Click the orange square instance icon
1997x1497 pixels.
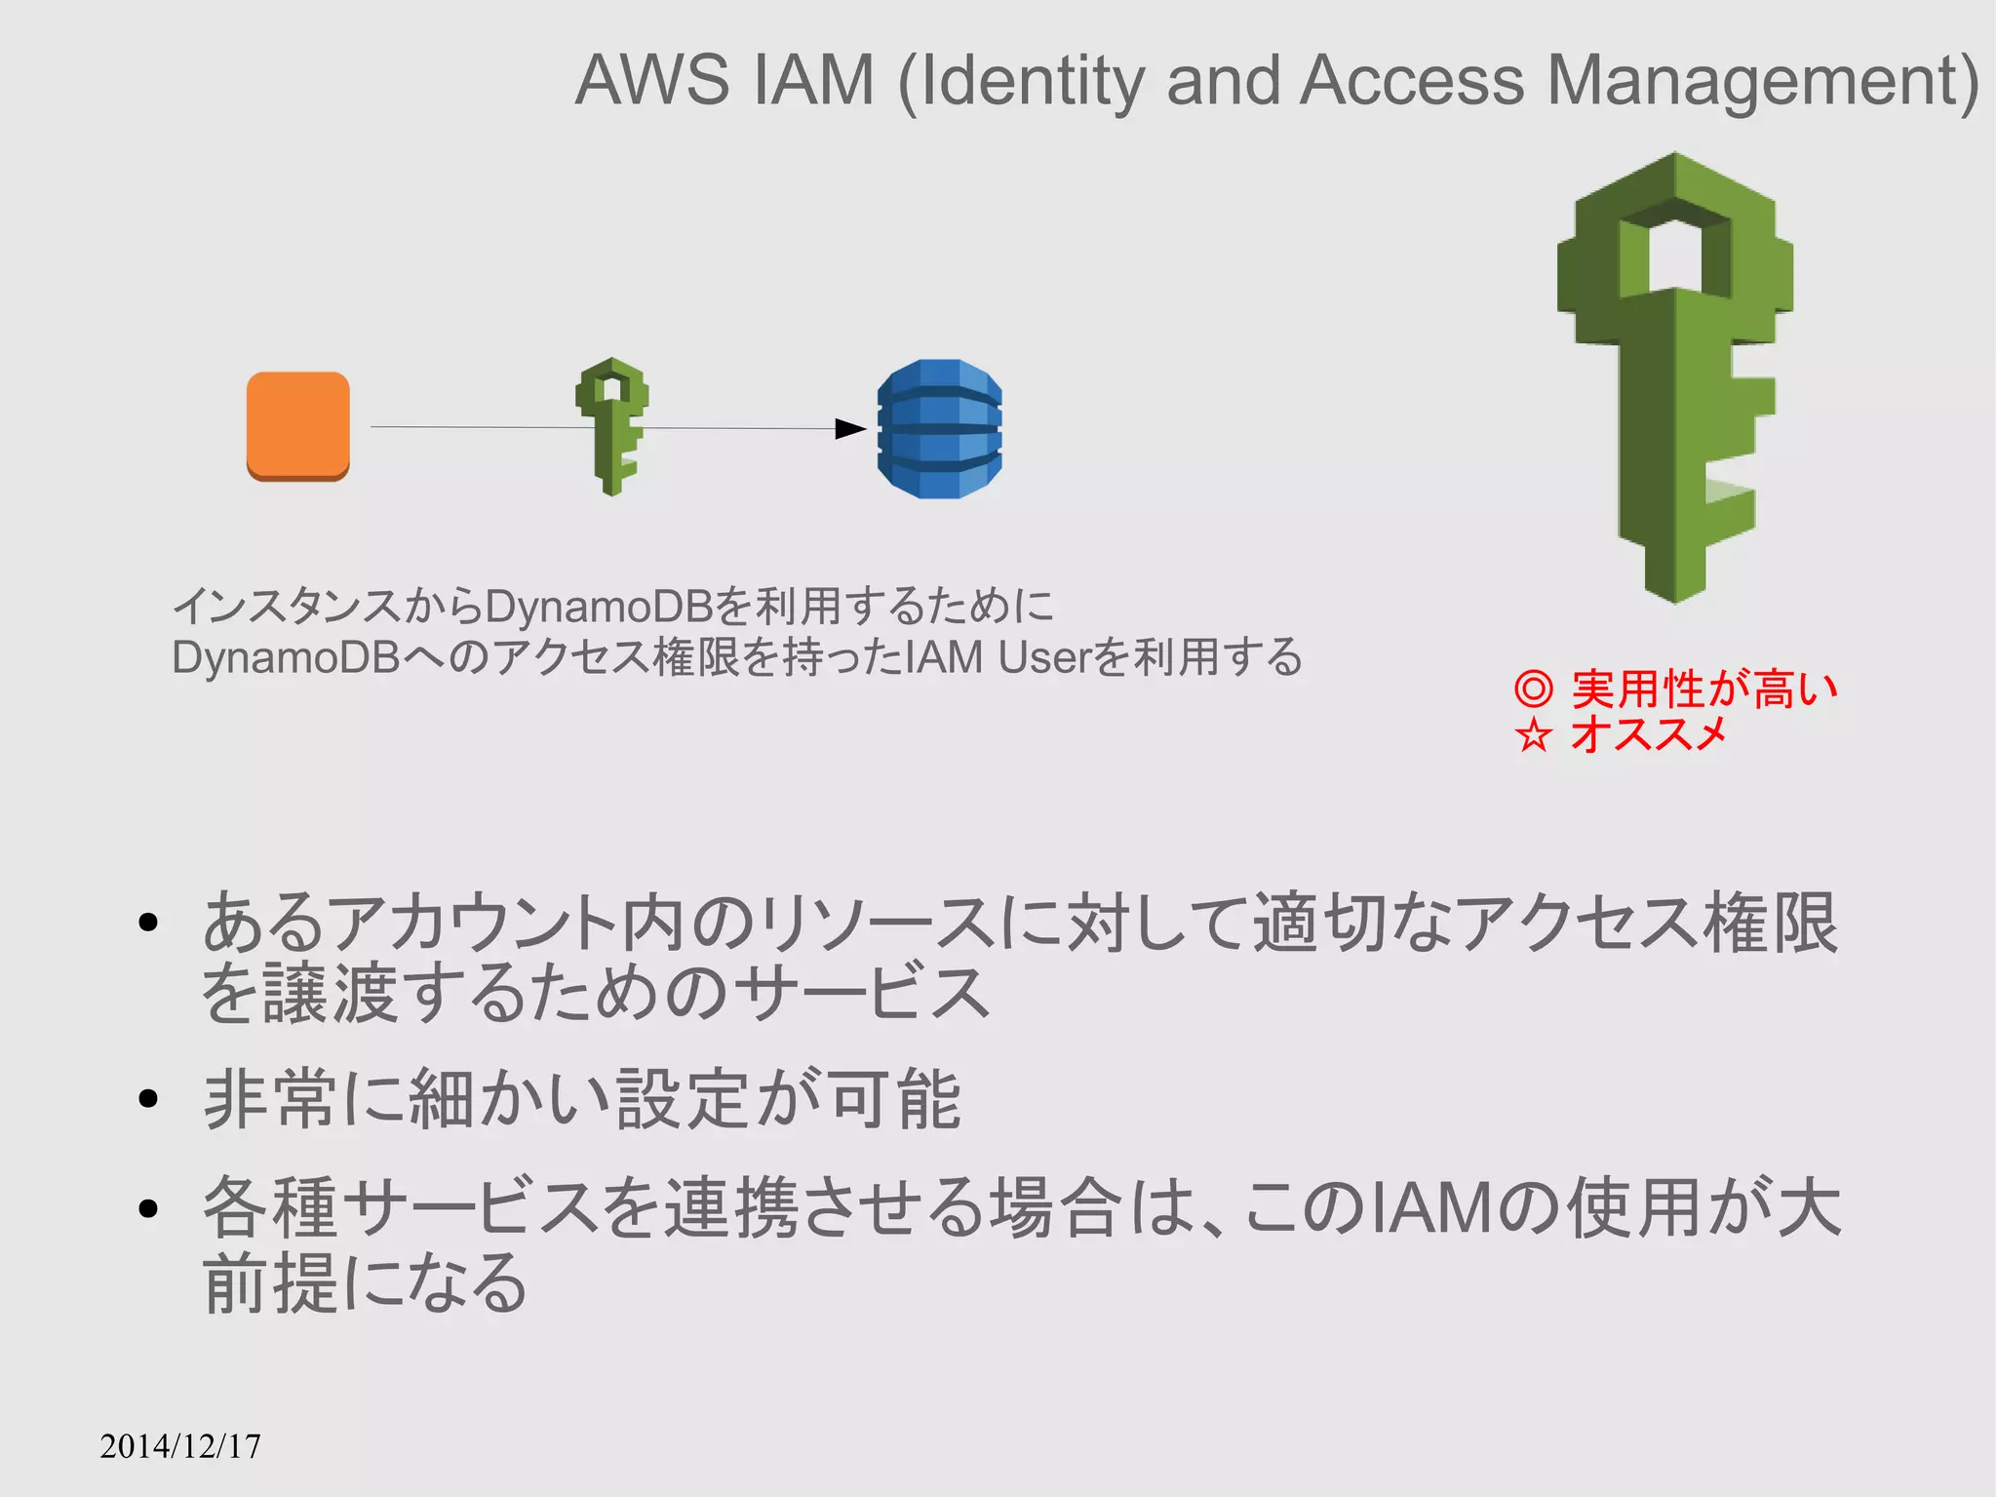pos(297,426)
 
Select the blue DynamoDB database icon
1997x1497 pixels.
pos(939,429)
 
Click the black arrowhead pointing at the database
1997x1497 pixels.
pos(850,429)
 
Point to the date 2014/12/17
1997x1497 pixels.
pos(180,1445)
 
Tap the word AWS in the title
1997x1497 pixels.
pos(651,80)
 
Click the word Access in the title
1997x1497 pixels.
pos(1412,80)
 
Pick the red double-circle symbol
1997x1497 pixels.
pos(1533,689)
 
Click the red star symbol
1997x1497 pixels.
pos(1533,734)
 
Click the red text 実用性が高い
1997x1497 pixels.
pos(1704,689)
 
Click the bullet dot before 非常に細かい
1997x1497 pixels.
pos(148,1100)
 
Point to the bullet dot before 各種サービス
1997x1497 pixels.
pos(148,1209)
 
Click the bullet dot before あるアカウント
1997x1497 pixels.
pos(148,923)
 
